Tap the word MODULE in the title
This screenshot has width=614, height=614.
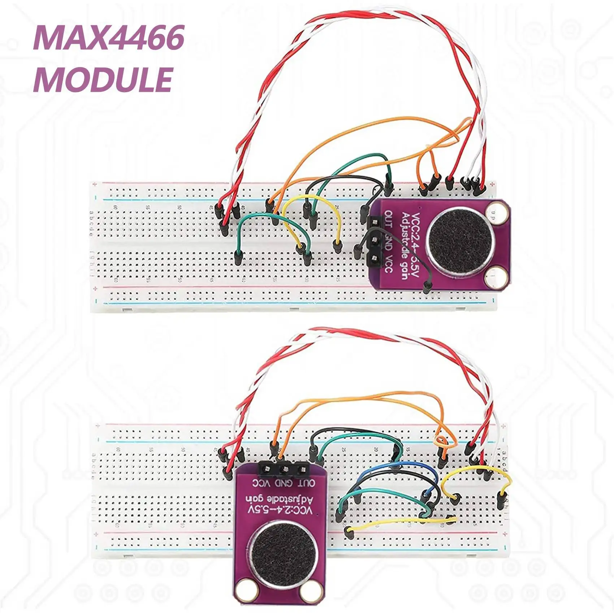click(x=103, y=80)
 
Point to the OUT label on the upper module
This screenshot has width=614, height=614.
click(x=388, y=220)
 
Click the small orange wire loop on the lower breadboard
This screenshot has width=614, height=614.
click(x=440, y=440)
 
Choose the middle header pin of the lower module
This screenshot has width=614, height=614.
click(x=284, y=470)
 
